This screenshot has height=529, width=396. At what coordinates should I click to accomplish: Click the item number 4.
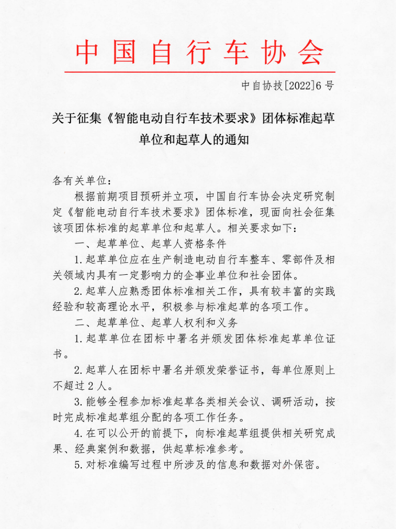pos(77,433)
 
